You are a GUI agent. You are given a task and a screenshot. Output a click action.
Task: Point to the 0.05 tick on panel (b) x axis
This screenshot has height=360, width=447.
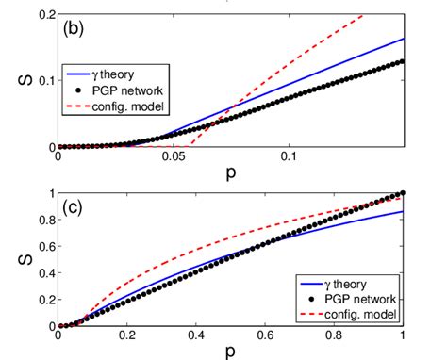174,156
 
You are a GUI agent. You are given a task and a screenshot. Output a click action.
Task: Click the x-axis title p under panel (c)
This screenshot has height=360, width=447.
230,352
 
